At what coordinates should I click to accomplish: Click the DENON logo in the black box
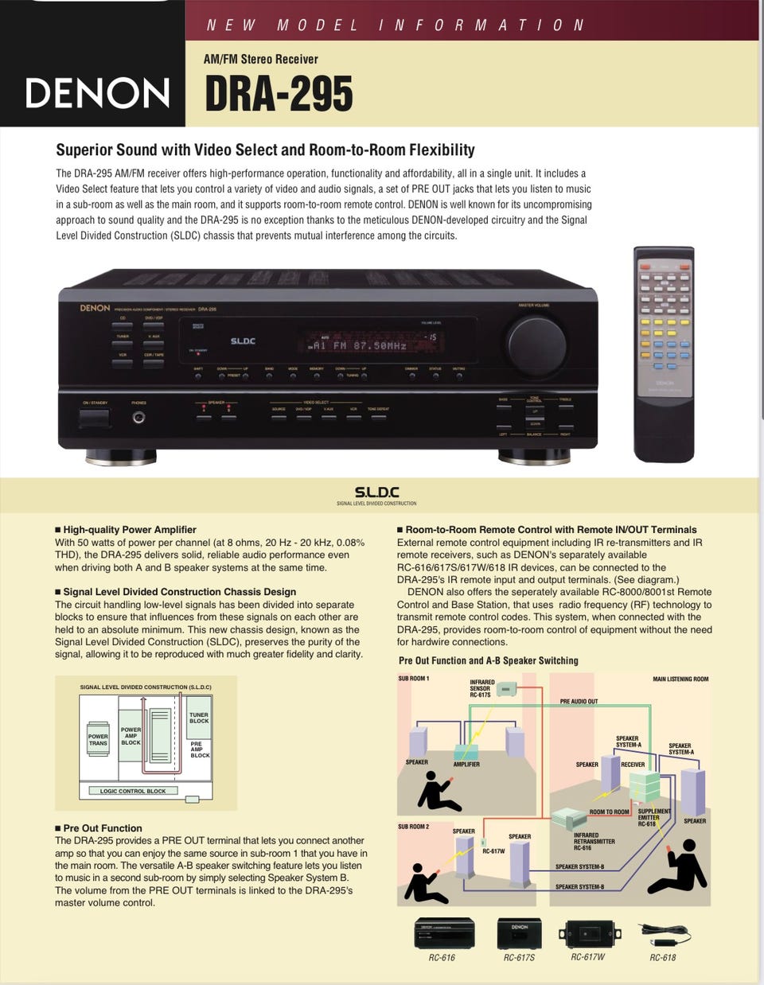[97, 93]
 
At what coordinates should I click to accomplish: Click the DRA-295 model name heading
[279, 95]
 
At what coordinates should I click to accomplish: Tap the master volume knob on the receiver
[536, 344]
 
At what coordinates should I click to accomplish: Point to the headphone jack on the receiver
[138, 417]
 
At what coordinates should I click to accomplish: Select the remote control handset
[664, 353]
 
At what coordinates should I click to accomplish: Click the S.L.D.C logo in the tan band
[376, 492]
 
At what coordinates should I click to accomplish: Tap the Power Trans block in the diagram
[98, 740]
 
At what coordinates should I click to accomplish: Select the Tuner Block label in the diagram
[199, 718]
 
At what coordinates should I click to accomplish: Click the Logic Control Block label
[133, 791]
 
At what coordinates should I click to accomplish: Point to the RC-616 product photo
[443, 932]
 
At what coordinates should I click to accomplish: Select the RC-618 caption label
[662, 957]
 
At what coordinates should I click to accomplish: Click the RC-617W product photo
[589, 933]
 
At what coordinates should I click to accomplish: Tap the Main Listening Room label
[680, 679]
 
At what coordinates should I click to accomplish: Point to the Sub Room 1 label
[413, 679]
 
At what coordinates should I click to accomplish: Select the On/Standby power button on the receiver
[94, 418]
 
